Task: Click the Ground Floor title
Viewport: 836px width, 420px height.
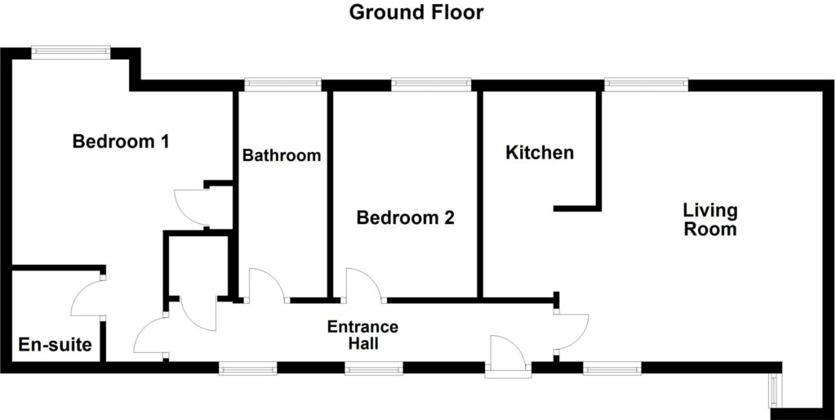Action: coord(416,12)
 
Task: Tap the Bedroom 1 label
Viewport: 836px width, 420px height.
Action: coord(121,142)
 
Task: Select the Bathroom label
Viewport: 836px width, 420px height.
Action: coord(282,155)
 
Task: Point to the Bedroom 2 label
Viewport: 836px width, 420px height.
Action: coord(405,217)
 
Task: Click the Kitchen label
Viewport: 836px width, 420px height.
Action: coord(540,153)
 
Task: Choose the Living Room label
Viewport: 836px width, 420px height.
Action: coord(710,219)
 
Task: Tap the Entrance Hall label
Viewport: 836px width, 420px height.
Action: coord(362,335)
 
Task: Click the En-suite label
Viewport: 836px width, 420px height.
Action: coord(55,345)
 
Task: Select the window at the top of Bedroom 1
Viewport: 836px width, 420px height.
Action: coord(71,51)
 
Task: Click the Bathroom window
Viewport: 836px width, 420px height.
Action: coord(282,84)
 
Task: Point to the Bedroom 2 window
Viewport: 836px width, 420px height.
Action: coord(431,84)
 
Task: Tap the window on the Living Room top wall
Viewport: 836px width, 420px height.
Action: coord(647,84)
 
